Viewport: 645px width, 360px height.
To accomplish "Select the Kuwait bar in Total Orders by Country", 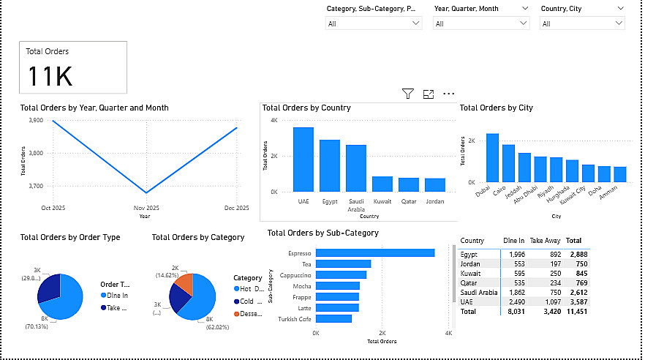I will coord(382,184).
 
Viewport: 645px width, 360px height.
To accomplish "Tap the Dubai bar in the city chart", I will coord(492,158).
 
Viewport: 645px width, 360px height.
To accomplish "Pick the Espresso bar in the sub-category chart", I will coord(375,253).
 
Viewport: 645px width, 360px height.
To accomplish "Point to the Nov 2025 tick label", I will coord(146,208).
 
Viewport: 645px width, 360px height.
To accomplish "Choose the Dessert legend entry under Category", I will coord(247,314).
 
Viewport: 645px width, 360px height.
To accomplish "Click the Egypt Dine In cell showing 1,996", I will coord(513,254).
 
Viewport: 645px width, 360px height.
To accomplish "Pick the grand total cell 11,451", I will coord(577,311).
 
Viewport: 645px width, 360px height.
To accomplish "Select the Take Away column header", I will coord(546,240).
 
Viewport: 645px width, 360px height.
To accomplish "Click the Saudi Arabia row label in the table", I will coord(478,292).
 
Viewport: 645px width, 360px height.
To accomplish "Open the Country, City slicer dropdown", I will coord(582,23).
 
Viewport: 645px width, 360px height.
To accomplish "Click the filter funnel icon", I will coord(408,94).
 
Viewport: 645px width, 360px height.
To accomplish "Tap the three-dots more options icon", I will coord(449,94).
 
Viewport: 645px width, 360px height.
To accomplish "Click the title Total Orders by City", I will coord(496,108).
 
